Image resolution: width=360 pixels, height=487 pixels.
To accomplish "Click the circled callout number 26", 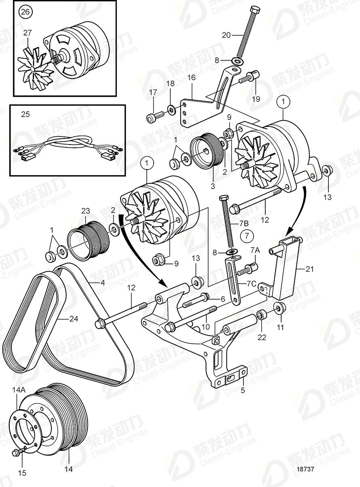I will pyautogui.click(x=25, y=12).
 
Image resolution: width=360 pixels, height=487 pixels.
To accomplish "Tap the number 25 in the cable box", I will pyautogui.click(x=25, y=115).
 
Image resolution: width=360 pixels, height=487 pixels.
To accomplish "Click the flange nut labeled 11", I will pyautogui.click(x=279, y=308).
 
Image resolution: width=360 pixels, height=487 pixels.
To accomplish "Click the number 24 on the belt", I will pyautogui.click(x=73, y=319).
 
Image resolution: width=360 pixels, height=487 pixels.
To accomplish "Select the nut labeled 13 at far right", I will pyautogui.click(x=327, y=170).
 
